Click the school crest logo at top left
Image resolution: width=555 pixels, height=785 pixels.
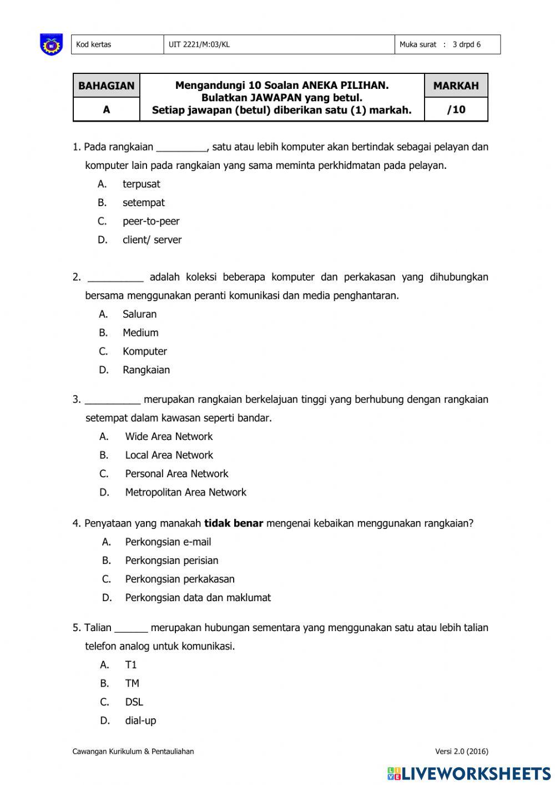[x=51, y=44]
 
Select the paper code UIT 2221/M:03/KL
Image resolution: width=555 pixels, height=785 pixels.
[x=199, y=44]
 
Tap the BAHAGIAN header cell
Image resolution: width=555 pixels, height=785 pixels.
[x=107, y=86]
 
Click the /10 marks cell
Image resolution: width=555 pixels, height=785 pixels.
[x=456, y=109]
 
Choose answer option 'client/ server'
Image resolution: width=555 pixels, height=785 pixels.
[x=152, y=239]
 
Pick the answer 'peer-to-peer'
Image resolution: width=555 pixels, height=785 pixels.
[x=151, y=221]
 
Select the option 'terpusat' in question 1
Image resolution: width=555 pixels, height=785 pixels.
[x=141, y=184]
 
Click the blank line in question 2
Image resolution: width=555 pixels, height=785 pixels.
[x=115, y=278]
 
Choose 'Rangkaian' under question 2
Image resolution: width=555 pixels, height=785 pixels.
[x=146, y=369]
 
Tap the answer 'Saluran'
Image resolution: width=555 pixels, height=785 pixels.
[x=139, y=314]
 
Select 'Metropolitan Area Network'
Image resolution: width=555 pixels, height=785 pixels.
[x=185, y=492]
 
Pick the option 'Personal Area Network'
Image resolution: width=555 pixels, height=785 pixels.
[x=176, y=473]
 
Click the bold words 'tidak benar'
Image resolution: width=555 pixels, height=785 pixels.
[x=234, y=523]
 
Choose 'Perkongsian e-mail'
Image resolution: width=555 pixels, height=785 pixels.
[x=168, y=542]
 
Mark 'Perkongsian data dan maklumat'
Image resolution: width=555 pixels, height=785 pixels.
[x=198, y=598]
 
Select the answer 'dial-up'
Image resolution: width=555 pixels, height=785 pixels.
[x=140, y=721]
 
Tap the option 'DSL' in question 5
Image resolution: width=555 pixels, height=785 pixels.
[x=134, y=702]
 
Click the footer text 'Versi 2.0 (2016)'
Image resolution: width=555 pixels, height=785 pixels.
[x=462, y=752]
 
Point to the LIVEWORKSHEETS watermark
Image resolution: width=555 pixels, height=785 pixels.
[x=469, y=773]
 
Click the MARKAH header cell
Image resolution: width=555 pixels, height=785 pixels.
[x=456, y=86]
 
